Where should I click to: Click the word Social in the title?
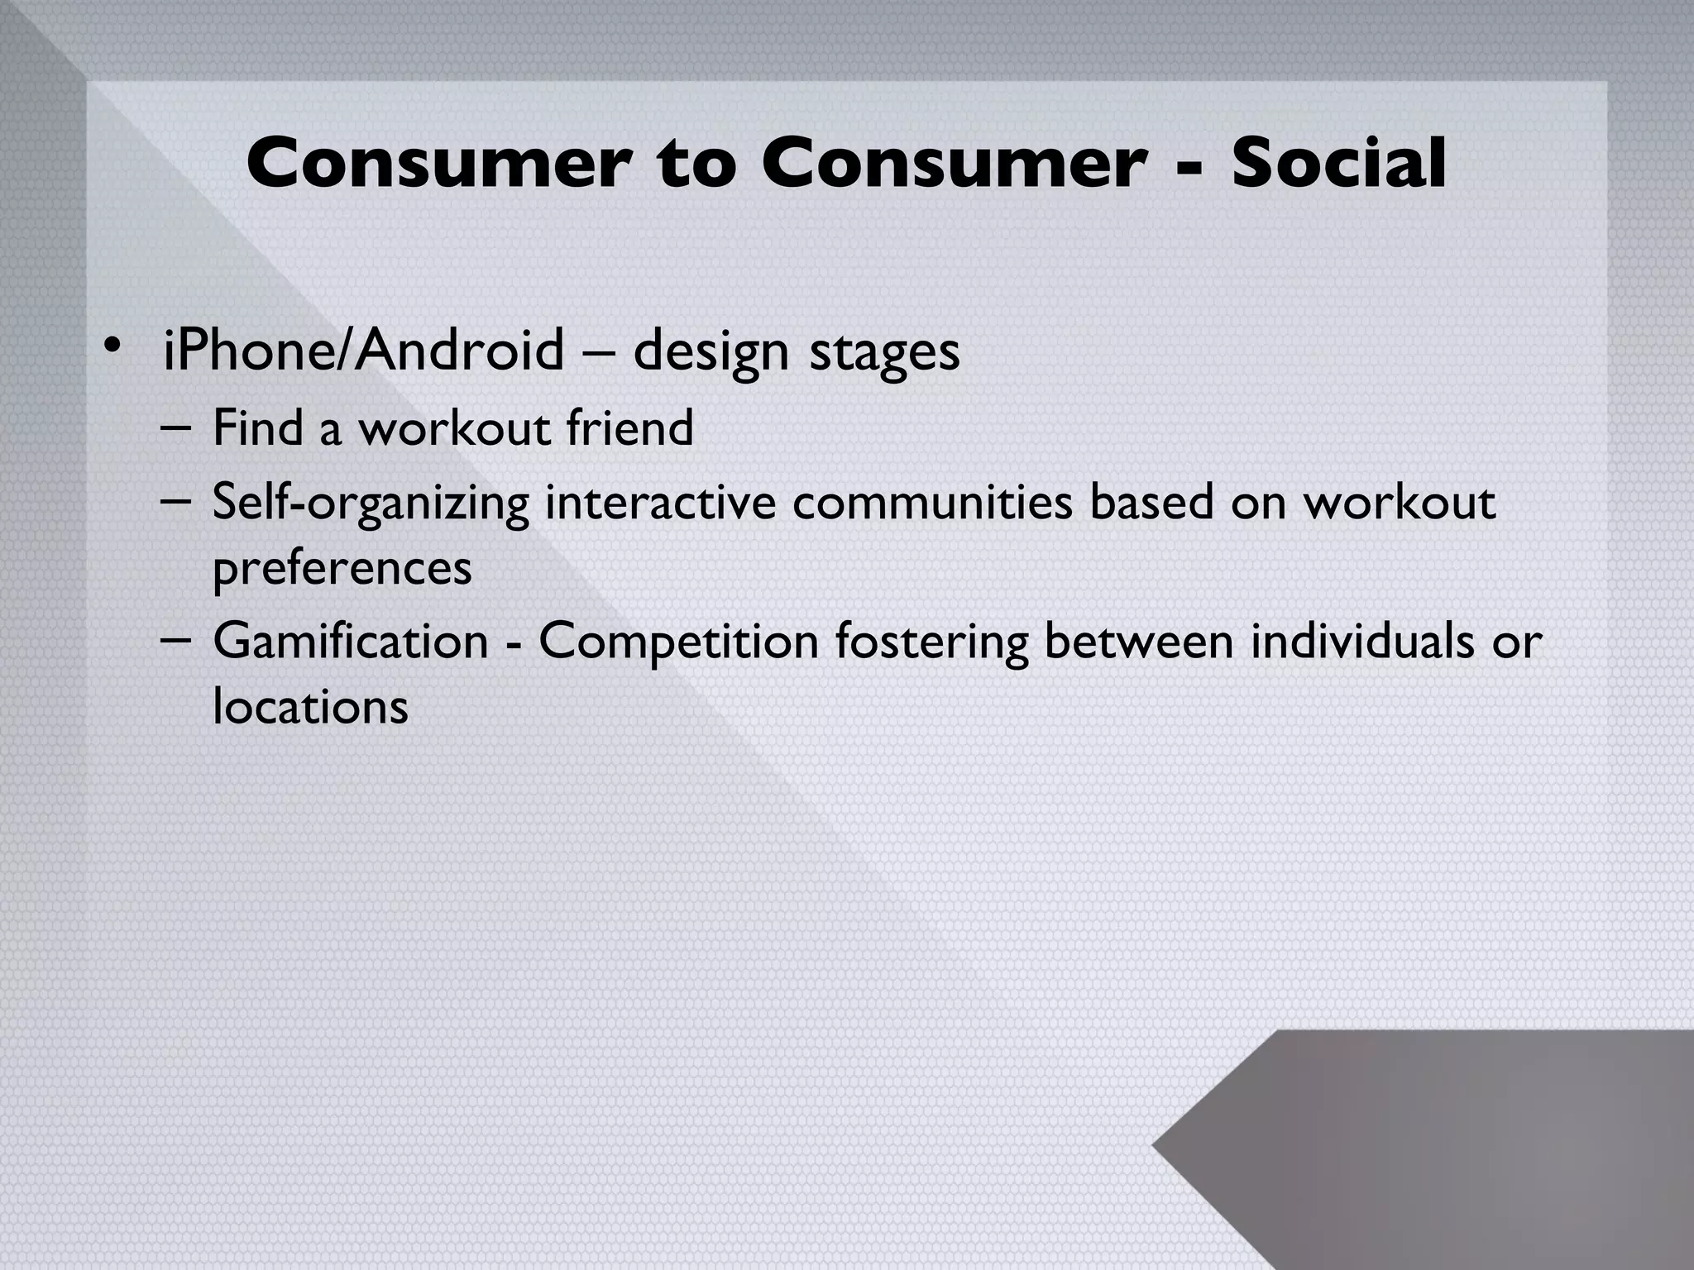[x=1338, y=163]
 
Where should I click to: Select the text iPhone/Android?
[x=363, y=351]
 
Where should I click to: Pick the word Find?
[x=257, y=428]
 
